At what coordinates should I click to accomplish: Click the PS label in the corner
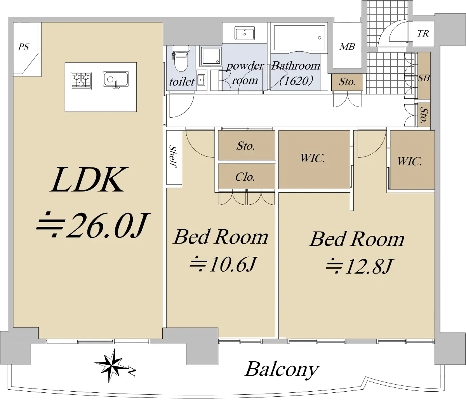[x=24, y=47]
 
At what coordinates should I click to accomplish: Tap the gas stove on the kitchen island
[x=81, y=81]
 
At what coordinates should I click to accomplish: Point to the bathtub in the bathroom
[x=299, y=38]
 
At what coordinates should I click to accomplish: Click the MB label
[x=347, y=47]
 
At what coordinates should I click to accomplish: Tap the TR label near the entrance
[x=423, y=34]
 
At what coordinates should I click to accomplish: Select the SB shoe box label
[x=424, y=78]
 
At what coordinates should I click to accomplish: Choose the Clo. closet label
[x=245, y=177]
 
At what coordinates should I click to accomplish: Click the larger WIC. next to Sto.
[x=313, y=158]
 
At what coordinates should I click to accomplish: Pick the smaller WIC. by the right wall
[x=410, y=161]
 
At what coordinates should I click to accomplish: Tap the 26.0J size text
[x=107, y=225]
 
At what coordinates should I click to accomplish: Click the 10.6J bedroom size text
[x=233, y=264]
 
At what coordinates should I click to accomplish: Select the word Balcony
[x=282, y=369]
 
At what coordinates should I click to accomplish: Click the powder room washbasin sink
[x=245, y=33]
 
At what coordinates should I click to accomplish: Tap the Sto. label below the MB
[x=347, y=82]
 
